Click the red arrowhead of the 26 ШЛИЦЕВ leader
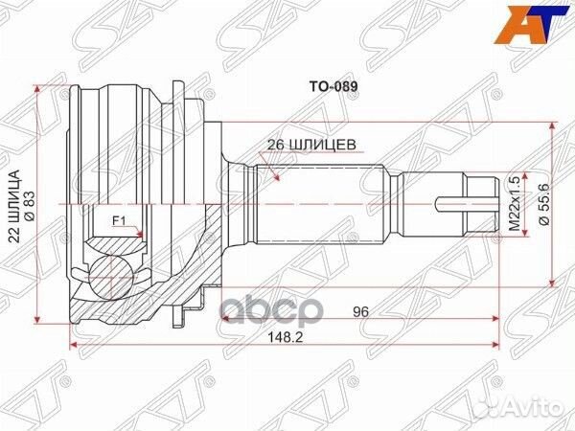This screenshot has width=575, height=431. coord(275,177)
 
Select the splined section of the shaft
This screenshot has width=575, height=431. coord(316,204)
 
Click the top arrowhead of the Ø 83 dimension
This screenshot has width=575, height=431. coord(38,89)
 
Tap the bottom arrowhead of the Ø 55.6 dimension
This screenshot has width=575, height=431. coord(553,281)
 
